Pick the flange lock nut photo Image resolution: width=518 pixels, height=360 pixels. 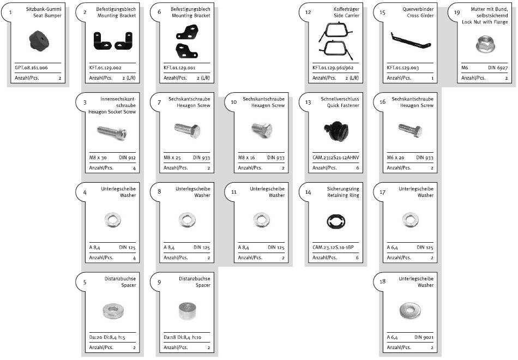(484, 44)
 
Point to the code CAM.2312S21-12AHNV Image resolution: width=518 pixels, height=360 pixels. (335, 158)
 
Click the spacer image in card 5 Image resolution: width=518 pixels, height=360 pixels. (113, 311)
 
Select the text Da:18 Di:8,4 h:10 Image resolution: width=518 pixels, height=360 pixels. (183, 338)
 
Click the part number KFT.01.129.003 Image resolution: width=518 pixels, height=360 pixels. (403, 68)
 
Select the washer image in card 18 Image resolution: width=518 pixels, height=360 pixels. (409, 311)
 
